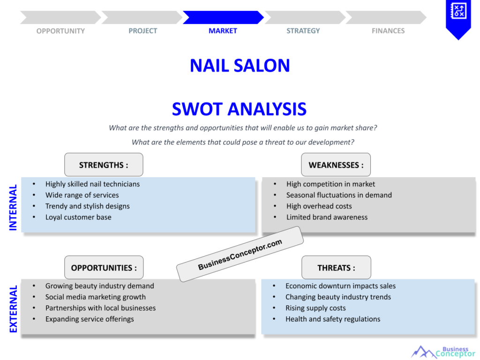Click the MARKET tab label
[x=223, y=31]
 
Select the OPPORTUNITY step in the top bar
[x=60, y=31]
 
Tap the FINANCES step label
[x=388, y=31]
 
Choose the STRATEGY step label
[x=303, y=31]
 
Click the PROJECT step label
[x=143, y=31]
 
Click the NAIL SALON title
[x=240, y=66]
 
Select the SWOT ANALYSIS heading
[x=239, y=109]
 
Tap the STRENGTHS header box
[x=104, y=165]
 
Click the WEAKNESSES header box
[x=336, y=165]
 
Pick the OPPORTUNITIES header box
[x=104, y=268]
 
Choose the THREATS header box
[x=336, y=268]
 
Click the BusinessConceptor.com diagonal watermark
[x=240, y=255]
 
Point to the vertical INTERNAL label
[x=13, y=207]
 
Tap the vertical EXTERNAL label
[x=13, y=309]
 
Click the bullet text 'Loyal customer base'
[x=78, y=217]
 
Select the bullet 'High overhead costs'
[x=319, y=206]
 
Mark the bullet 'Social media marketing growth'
[x=95, y=297]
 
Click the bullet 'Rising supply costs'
[x=315, y=308]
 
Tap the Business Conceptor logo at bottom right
[x=443, y=352]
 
